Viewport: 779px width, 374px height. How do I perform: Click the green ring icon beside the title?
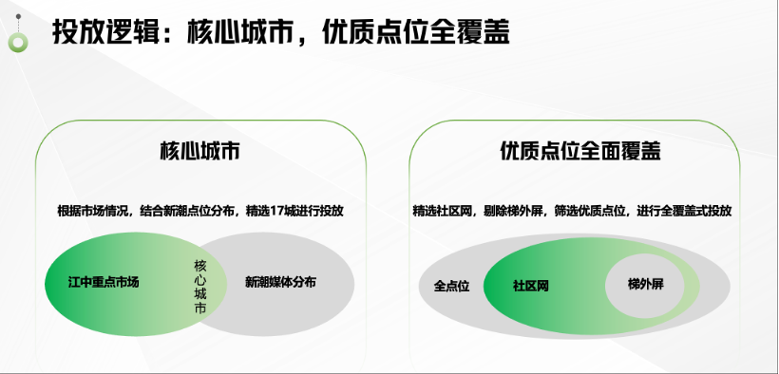[x=18, y=43]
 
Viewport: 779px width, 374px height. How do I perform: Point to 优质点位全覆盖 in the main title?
[x=416, y=33]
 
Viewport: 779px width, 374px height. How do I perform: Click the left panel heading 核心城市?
[x=199, y=151]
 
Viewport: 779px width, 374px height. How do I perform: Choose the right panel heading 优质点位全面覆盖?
[x=580, y=151]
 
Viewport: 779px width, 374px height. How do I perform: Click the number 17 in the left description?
[x=276, y=211]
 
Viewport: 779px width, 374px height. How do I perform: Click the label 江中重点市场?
[x=104, y=283]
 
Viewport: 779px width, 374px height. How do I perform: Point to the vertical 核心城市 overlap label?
[x=199, y=287]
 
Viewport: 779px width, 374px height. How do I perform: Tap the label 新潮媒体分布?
[x=280, y=283]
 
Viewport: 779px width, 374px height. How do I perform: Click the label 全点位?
[x=451, y=287]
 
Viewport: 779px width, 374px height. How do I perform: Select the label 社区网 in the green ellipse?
[x=531, y=287]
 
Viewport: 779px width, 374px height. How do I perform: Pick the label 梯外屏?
[x=645, y=285]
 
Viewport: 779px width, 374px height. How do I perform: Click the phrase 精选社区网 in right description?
[x=442, y=211]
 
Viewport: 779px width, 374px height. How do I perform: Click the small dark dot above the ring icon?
[x=18, y=16]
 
